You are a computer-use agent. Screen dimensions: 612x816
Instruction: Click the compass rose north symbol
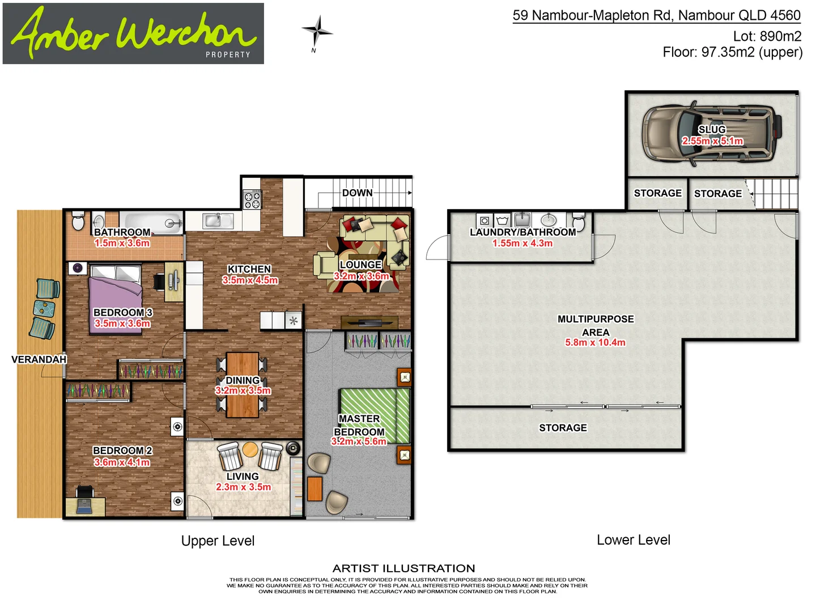(x=317, y=31)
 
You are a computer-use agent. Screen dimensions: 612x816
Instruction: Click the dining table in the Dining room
(x=243, y=385)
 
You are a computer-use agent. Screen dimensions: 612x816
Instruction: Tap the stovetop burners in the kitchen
(x=252, y=199)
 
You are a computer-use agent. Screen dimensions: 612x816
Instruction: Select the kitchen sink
(x=214, y=220)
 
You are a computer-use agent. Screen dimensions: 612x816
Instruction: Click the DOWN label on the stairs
(x=357, y=193)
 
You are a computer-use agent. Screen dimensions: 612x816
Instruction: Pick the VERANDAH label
(x=39, y=359)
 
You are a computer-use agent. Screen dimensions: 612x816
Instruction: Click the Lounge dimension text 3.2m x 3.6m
(x=362, y=276)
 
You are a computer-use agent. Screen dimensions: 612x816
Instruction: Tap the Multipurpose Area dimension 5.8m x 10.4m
(x=595, y=342)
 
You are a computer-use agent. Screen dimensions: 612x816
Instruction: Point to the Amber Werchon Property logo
(x=133, y=33)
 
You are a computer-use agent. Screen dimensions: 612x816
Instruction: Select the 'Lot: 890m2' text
(x=767, y=36)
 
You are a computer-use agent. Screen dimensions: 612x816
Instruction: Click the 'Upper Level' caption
(x=218, y=541)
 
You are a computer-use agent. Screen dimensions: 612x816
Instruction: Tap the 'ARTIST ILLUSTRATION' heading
(x=403, y=568)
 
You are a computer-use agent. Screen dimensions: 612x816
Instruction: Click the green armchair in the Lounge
(x=325, y=265)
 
